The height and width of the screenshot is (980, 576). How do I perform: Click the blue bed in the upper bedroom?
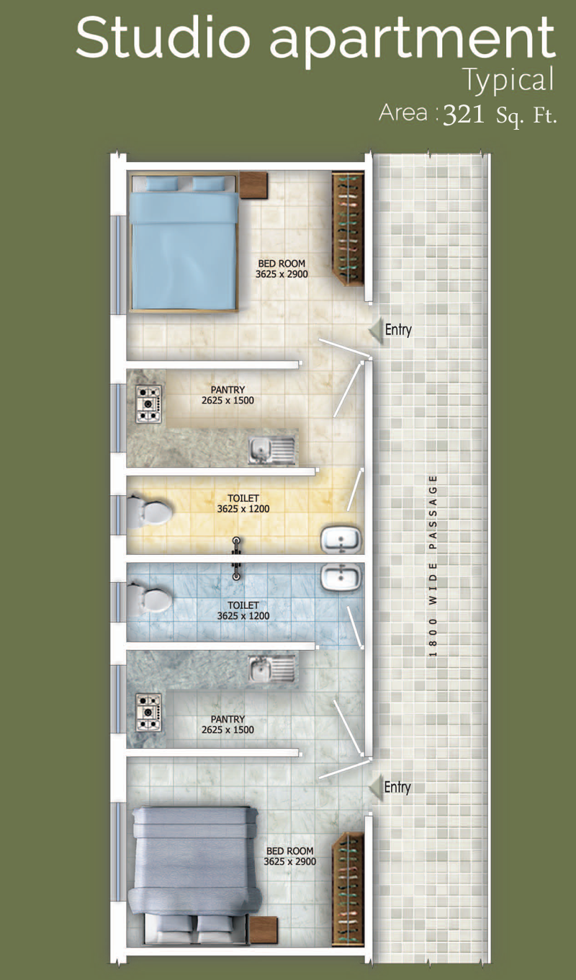click(184, 243)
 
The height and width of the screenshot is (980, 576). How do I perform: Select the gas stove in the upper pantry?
click(148, 404)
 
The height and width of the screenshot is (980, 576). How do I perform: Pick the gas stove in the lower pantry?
click(148, 712)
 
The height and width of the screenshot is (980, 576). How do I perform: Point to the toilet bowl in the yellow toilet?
click(149, 509)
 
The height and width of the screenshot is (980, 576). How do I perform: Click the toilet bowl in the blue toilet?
click(149, 599)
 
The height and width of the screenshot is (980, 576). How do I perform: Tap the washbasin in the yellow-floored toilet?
click(342, 540)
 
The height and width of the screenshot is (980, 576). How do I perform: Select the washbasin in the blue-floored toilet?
click(342, 577)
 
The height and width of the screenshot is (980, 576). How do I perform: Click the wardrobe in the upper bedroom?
click(348, 229)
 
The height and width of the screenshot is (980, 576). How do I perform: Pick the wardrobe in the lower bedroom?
click(348, 889)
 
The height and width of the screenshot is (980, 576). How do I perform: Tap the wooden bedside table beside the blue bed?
click(253, 185)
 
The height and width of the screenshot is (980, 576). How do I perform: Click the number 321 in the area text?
click(464, 115)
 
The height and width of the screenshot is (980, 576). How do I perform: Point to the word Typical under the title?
click(508, 81)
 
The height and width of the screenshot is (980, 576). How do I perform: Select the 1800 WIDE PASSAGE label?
click(433, 566)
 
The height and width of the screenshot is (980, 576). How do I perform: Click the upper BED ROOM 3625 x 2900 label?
click(282, 269)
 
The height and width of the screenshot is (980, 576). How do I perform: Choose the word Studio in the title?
click(163, 37)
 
